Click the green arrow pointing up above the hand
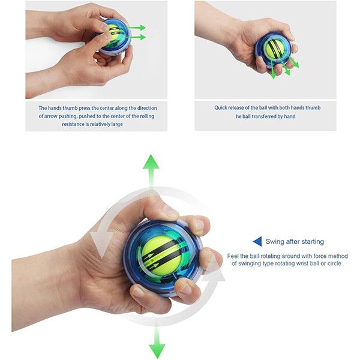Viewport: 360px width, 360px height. point(151,171)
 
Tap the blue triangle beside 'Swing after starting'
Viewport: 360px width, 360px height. point(257,242)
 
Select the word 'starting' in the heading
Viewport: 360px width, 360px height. point(313,242)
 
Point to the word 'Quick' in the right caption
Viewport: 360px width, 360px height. point(221,107)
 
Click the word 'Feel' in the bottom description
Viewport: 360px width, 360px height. point(233,256)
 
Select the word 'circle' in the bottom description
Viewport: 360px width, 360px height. point(334,263)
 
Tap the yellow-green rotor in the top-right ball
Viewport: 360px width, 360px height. point(275,48)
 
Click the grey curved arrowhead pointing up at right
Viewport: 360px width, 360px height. point(214,269)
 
